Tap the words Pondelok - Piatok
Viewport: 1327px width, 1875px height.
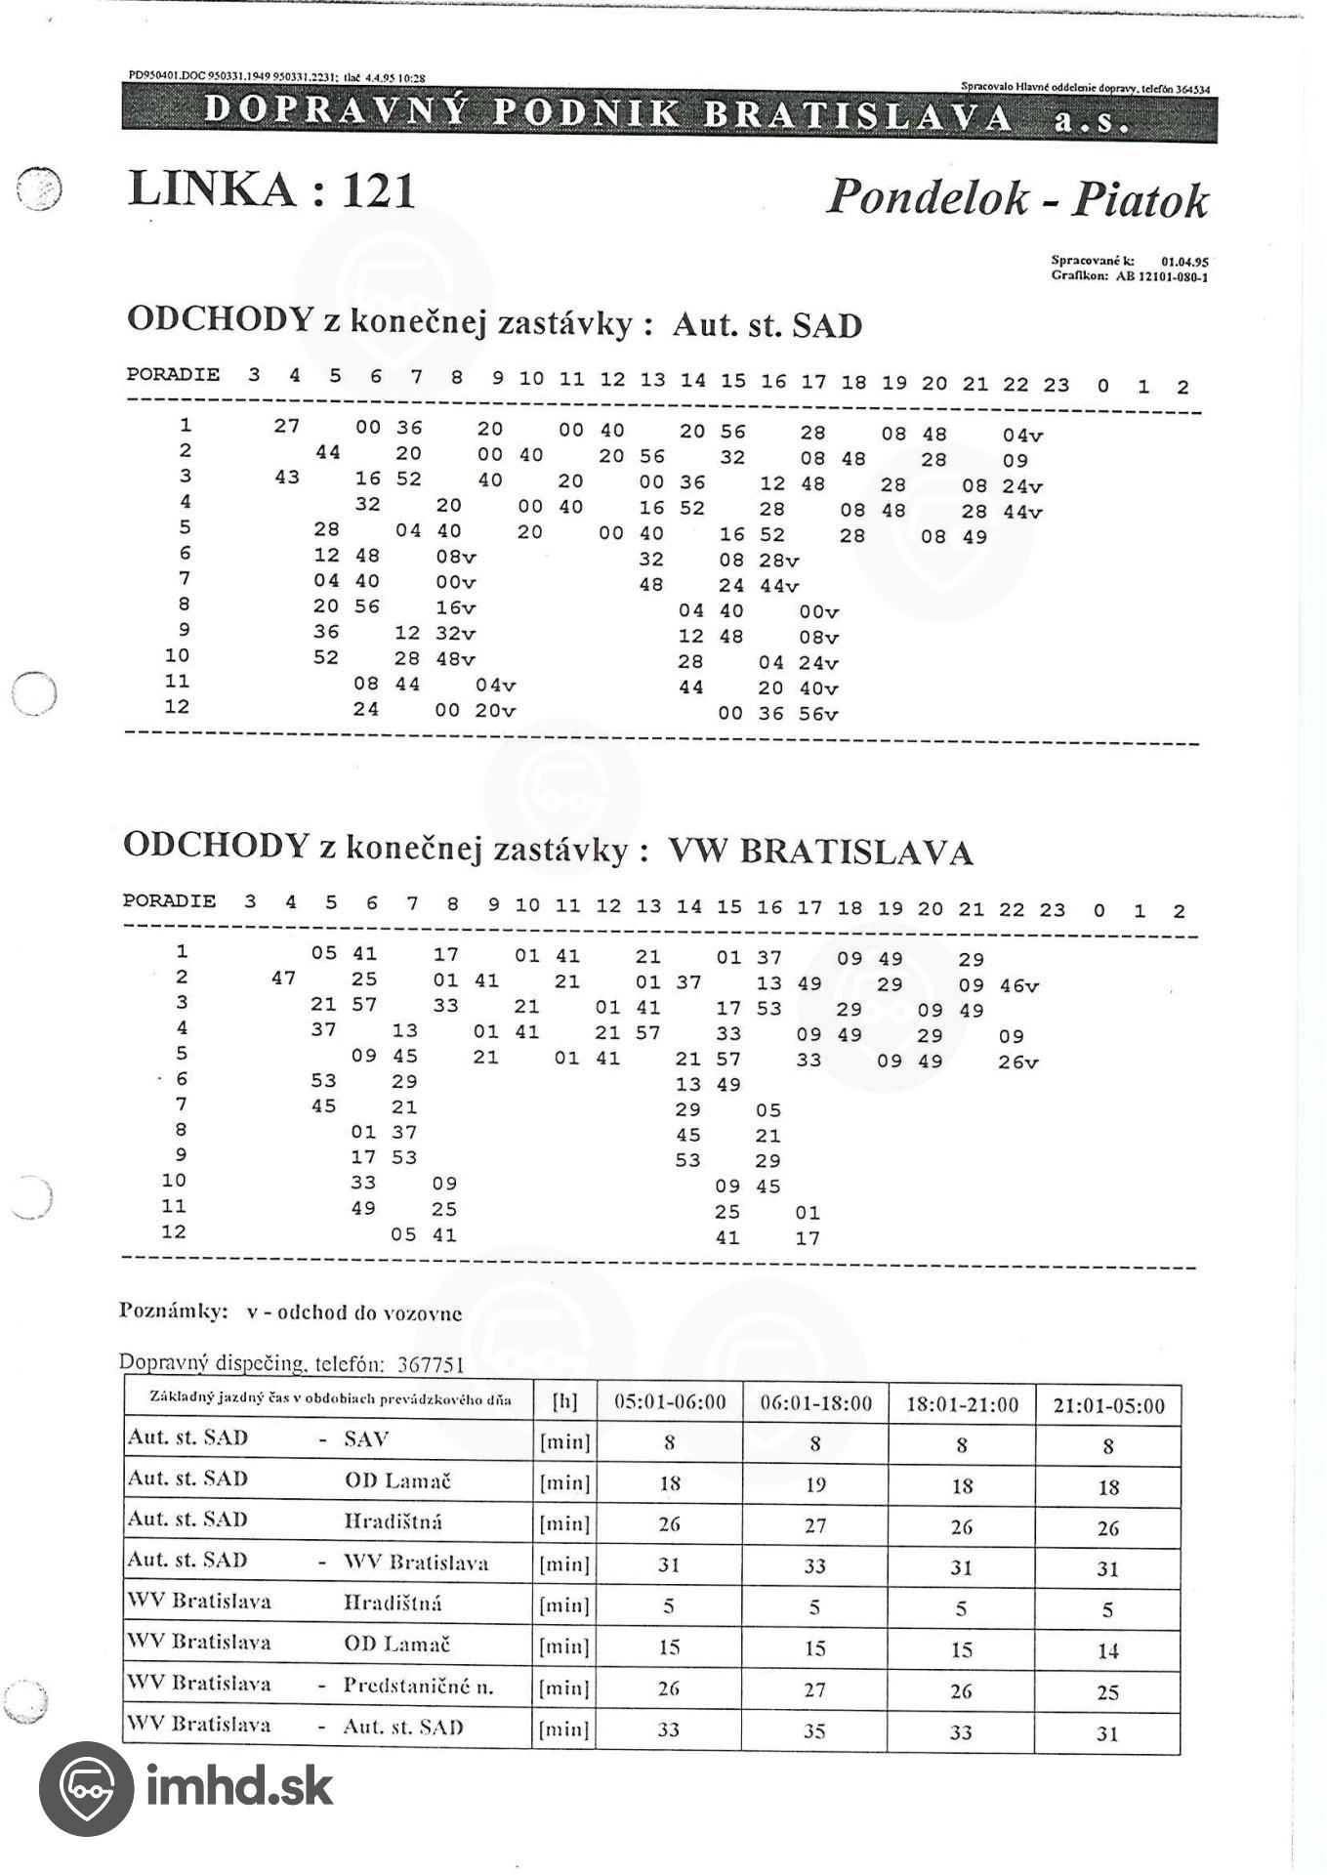point(1016,198)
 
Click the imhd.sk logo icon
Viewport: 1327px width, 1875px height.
point(86,1788)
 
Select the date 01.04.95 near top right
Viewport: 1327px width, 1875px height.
point(1184,262)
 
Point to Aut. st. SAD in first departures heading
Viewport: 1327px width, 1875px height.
point(767,325)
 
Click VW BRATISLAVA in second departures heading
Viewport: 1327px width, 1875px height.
point(820,853)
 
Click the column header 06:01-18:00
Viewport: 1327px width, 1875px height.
point(815,1404)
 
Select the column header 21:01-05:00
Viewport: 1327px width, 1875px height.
point(1108,1406)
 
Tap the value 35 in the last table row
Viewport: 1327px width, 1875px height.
point(814,1731)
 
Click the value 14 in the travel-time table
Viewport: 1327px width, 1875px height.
point(1107,1651)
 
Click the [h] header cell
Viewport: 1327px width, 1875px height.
point(564,1403)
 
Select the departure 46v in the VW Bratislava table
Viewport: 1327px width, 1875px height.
point(1018,986)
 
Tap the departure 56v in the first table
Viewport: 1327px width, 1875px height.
point(818,714)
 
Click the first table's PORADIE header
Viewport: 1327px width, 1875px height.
point(173,375)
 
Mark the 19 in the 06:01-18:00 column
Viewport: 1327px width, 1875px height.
point(815,1485)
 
